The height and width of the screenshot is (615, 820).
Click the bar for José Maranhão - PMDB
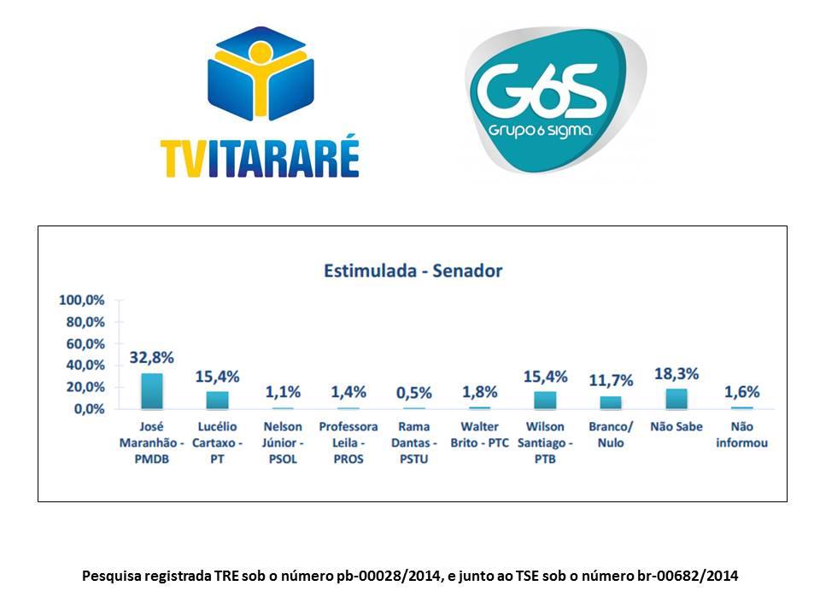click(151, 391)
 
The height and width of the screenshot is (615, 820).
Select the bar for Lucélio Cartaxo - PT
click(217, 400)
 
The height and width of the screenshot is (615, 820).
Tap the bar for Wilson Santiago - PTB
click(545, 400)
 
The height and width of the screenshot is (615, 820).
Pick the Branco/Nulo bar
click(611, 402)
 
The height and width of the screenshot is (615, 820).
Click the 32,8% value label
click(151, 358)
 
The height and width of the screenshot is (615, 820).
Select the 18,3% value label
click(676, 373)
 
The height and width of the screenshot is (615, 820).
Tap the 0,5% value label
click(414, 393)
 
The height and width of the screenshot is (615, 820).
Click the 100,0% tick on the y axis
click(82, 300)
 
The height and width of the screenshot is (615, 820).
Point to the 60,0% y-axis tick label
click(85, 343)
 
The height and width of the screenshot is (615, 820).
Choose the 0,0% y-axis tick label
click(89, 408)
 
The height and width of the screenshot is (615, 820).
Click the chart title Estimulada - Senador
click(413, 271)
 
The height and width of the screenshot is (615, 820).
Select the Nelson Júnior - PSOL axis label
click(283, 442)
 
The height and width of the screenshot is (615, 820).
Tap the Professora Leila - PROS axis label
click(348, 442)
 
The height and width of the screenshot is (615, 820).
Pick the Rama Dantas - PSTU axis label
click(414, 442)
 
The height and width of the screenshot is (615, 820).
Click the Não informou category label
click(742, 434)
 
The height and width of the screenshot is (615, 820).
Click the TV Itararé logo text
click(260, 157)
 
